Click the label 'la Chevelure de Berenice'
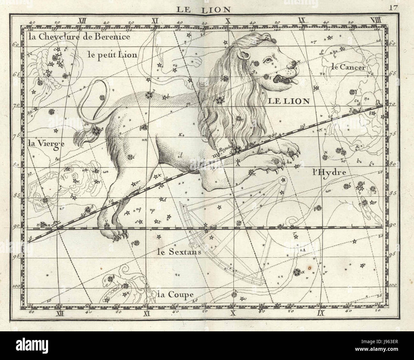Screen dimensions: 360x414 coord(79,37)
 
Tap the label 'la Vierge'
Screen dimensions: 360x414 coord(42,143)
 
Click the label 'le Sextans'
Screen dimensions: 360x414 coord(179,252)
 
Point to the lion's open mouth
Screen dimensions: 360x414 coord(285,80)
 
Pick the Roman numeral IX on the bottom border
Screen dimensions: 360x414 coord(320,313)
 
